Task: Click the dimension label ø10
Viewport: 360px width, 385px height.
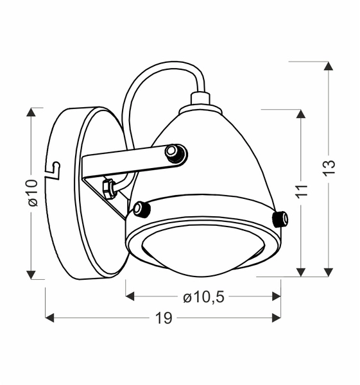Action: point(32,193)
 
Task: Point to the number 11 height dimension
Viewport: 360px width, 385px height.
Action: point(302,191)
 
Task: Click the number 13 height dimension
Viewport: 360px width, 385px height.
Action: point(329,166)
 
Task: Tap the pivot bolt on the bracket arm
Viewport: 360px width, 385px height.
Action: point(175,153)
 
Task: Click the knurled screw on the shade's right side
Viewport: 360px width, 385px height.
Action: point(280,218)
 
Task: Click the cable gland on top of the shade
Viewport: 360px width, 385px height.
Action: point(201,100)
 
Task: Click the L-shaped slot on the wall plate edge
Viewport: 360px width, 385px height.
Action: point(54,169)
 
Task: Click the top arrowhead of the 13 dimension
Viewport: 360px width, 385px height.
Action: point(329,66)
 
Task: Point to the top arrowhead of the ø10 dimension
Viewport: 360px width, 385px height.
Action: point(31,112)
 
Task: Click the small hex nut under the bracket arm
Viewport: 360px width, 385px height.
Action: point(109,187)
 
